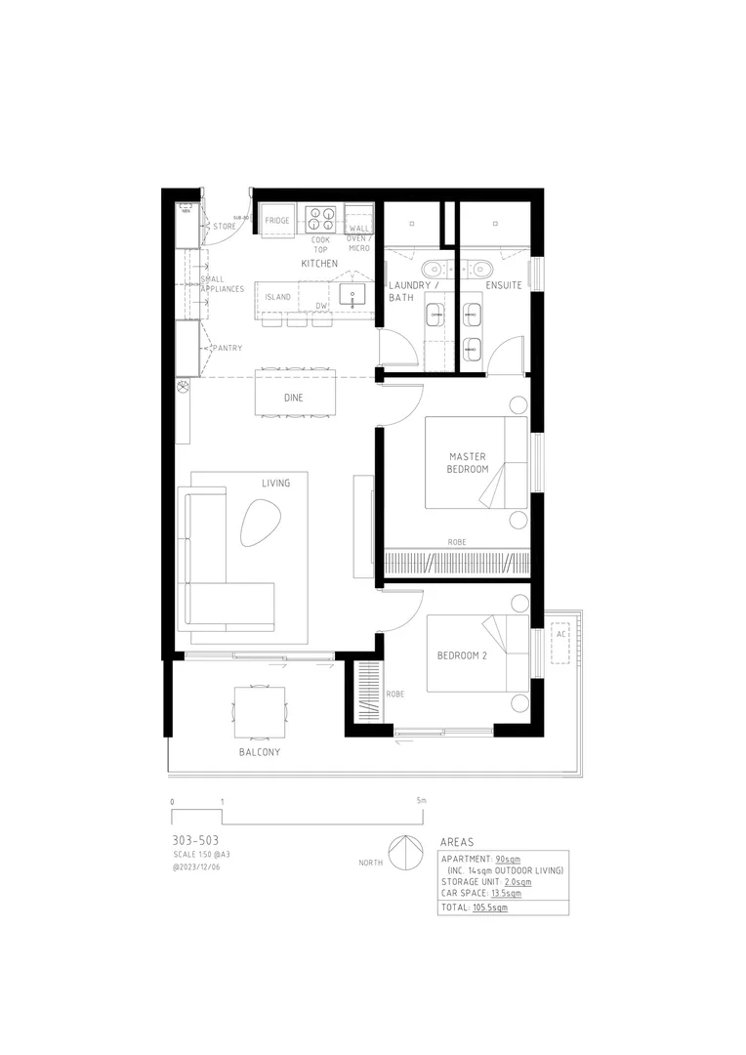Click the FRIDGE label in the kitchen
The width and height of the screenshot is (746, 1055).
point(277,222)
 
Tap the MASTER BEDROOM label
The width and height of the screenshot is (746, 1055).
point(468,463)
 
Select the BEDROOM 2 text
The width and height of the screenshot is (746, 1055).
point(462,654)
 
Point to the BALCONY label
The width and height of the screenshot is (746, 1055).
point(260,752)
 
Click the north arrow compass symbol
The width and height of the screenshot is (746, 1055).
point(403,853)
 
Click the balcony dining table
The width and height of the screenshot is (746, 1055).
point(260,711)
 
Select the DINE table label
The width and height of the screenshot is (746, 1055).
point(293,398)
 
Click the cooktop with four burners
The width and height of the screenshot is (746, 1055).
point(321,216)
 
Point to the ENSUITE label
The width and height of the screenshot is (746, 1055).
point(504,285)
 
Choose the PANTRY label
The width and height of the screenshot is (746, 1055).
point(228,349)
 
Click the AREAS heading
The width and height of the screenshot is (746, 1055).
point(458,841)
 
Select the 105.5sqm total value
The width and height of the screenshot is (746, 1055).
point(490,907)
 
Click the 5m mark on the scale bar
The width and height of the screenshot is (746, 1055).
point(421,801)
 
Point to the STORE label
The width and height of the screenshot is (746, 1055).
point(225,227)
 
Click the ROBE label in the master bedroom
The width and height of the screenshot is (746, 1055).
point(456,542)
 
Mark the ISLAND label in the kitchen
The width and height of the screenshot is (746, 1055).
point(278,297)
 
